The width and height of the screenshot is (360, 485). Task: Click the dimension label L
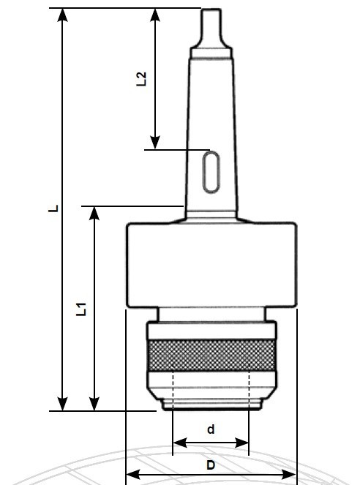pos(52,208)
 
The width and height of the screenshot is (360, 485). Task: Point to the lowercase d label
pos(211,429)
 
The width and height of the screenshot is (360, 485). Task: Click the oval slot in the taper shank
pos(210,173)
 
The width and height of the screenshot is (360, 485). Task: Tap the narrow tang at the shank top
pos(211,27)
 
